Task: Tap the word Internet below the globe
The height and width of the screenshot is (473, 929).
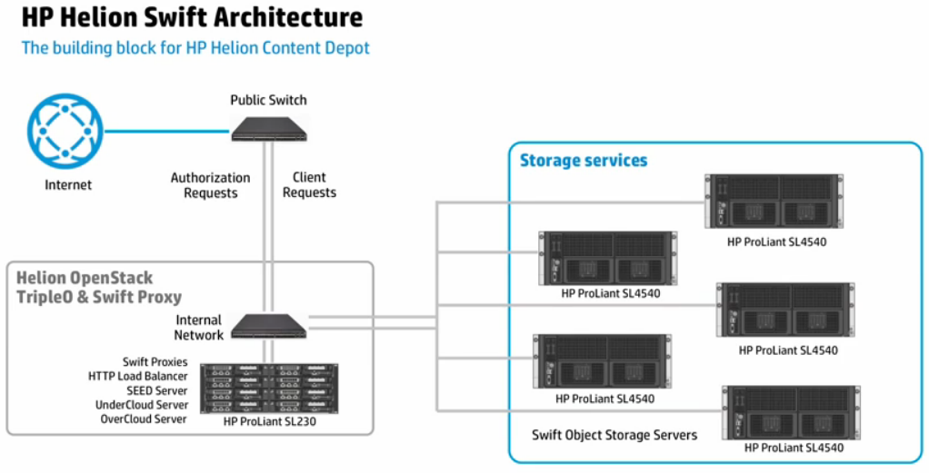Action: pos(68,185)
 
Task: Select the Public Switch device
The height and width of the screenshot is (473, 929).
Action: pos(268,128)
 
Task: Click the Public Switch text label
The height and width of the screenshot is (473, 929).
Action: pos(268,100)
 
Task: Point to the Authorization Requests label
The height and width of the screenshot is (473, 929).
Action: pos(210,185)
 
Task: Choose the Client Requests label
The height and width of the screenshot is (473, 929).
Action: pos(309,185)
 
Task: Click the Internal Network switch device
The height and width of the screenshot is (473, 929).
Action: pos(268,326)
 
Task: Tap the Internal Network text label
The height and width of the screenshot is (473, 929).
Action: pos(198,328)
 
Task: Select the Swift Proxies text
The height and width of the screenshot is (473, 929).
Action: pos(155,362)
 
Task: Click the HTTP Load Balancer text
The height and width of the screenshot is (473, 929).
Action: pos(138,376)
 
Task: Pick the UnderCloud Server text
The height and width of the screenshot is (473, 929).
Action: pos(142,405)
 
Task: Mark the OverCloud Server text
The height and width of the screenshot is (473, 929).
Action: pos(144,419)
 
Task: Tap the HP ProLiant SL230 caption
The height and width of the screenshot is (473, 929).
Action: pos(268,421)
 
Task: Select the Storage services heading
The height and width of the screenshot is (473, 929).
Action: pos(584,161)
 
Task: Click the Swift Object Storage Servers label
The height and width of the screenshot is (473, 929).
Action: pos(615,435)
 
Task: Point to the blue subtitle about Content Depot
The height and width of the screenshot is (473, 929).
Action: pos(195,47)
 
